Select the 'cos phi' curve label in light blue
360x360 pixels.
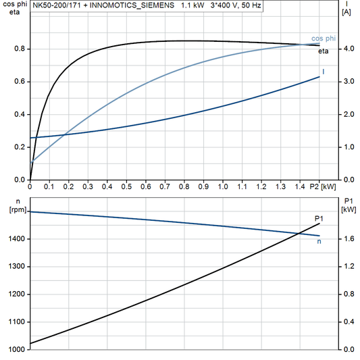(324, 38)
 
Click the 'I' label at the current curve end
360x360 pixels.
(324, 72)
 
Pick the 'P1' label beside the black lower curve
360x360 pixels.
(319, 218)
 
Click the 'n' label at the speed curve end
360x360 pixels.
(319, 241)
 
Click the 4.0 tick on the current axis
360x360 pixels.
(349, 49)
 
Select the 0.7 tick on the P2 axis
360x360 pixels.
(165, 186)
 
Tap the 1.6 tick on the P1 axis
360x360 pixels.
(349, 239)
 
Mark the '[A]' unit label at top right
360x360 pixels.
(346, 12)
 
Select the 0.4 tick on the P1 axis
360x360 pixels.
(349, 322)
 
